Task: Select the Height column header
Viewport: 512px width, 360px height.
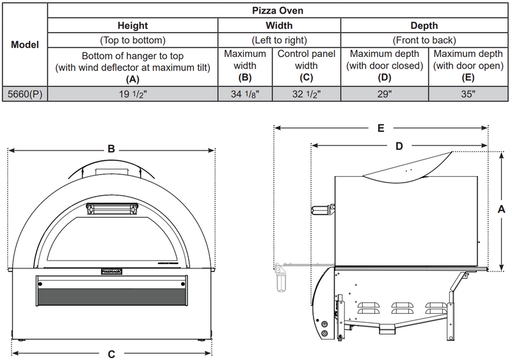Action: tap(132, 26)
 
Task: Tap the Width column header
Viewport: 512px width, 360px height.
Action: tap(279, 26)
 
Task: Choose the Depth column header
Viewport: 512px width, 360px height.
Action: tap(425, 26)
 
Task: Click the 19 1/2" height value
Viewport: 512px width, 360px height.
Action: tap(133, 94)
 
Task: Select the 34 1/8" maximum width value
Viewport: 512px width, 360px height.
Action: tap(245, 94)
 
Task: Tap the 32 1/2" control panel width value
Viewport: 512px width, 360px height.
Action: tap(306, 94)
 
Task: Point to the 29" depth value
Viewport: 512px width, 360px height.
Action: tap(384, 94)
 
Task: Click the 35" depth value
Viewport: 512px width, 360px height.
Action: tap(468, 94)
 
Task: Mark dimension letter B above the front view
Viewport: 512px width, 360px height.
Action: tap(111, 149)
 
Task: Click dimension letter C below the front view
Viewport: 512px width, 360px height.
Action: tap(111, 353)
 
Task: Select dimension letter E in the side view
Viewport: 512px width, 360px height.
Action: tap(380, 128)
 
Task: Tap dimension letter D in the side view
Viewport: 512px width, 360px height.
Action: tap(398, 146)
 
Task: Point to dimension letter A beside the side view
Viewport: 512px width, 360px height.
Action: tap(502, 209)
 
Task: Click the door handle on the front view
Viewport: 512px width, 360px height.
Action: tap(112, 209)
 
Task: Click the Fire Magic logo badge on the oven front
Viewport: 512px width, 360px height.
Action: tap(112, 271)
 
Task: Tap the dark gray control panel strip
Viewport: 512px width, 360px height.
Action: tap(112, 296)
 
